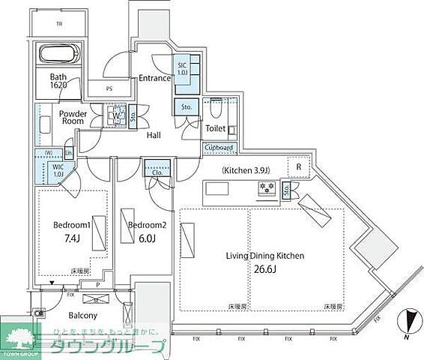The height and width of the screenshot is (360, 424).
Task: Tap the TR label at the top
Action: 58,24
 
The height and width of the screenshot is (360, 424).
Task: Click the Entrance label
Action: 154,78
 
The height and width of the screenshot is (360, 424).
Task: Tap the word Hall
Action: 154,135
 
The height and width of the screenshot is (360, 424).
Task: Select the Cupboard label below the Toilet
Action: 220,148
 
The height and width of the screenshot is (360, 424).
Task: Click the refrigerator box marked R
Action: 297,166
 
